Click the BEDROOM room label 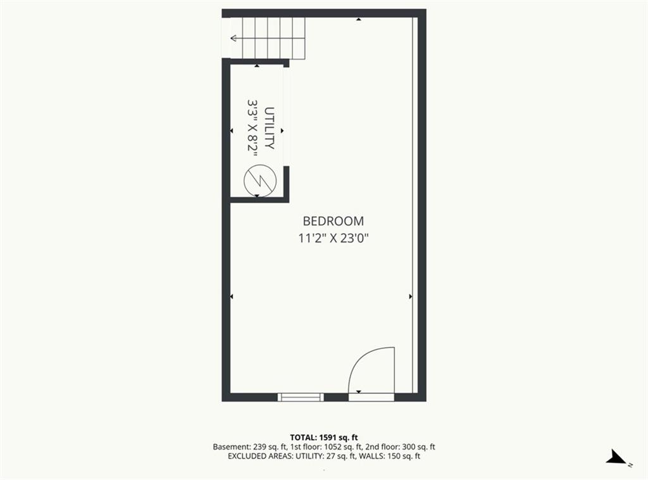[333, 221]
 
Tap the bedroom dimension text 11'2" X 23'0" [333, 239]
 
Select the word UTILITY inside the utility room [270, 128]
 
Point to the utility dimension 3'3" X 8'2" [252, 128]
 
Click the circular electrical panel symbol [260, 180]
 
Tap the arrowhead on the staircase [233, 39]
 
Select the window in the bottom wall [301, 397]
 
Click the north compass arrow [616, 457]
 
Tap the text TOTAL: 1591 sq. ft [324, 438]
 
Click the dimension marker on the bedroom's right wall [410, 296]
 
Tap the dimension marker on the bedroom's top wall [359, 19]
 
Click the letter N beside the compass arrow [630, 465]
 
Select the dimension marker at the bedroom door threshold [359, 391]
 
